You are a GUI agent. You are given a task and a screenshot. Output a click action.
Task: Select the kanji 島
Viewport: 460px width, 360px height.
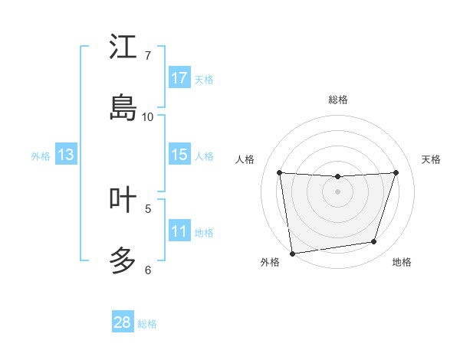123,108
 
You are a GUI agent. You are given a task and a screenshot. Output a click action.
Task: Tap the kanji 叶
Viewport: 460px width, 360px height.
123,199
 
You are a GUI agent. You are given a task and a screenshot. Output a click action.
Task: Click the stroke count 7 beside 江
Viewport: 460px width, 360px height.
148,56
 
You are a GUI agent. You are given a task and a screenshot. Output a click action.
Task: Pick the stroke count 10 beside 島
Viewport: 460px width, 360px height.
148,117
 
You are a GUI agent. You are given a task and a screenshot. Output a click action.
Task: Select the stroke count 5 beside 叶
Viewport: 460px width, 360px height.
148,208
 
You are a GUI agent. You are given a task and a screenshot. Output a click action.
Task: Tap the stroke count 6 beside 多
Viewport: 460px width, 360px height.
148,270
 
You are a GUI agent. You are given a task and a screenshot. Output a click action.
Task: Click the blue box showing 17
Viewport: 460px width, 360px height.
179,78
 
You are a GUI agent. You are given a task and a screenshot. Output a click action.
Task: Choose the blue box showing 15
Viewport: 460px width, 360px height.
179,155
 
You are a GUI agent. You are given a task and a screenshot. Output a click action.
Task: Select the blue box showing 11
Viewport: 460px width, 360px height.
179,231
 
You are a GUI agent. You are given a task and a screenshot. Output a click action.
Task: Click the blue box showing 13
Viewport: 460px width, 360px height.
66,155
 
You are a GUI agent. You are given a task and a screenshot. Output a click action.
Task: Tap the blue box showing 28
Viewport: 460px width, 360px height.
123,322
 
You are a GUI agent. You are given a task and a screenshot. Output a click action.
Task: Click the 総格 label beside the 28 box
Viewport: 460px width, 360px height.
147,324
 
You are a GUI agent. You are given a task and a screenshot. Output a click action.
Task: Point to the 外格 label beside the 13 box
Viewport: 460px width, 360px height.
41,156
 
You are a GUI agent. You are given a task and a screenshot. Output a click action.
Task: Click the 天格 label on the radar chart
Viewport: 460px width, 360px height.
431,159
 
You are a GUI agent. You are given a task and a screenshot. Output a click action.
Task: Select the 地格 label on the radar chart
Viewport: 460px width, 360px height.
402,262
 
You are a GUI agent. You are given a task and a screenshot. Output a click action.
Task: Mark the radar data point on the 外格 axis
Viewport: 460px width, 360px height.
292,253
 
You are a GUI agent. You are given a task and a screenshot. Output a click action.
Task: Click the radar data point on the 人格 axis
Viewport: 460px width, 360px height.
279,172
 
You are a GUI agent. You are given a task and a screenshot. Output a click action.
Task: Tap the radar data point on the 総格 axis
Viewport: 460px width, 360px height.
337,177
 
